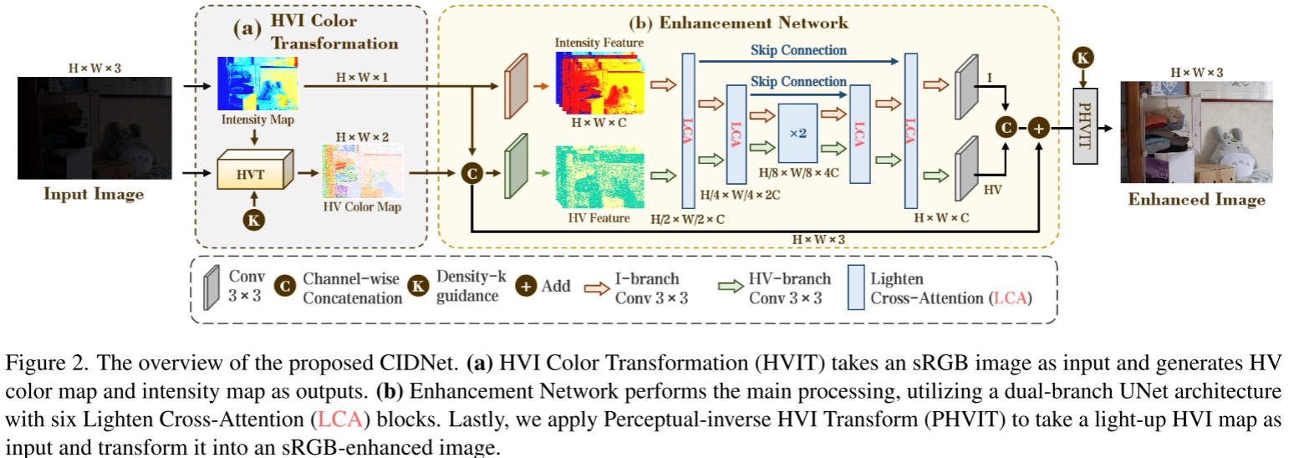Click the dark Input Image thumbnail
point(94,128)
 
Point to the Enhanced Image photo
point(1195,132)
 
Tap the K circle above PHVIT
point(1083,59)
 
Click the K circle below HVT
point(253,220)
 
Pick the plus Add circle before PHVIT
point(1040,129)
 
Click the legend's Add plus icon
point(526,285)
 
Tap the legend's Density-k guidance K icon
point(418,285)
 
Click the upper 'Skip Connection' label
point(798,50)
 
